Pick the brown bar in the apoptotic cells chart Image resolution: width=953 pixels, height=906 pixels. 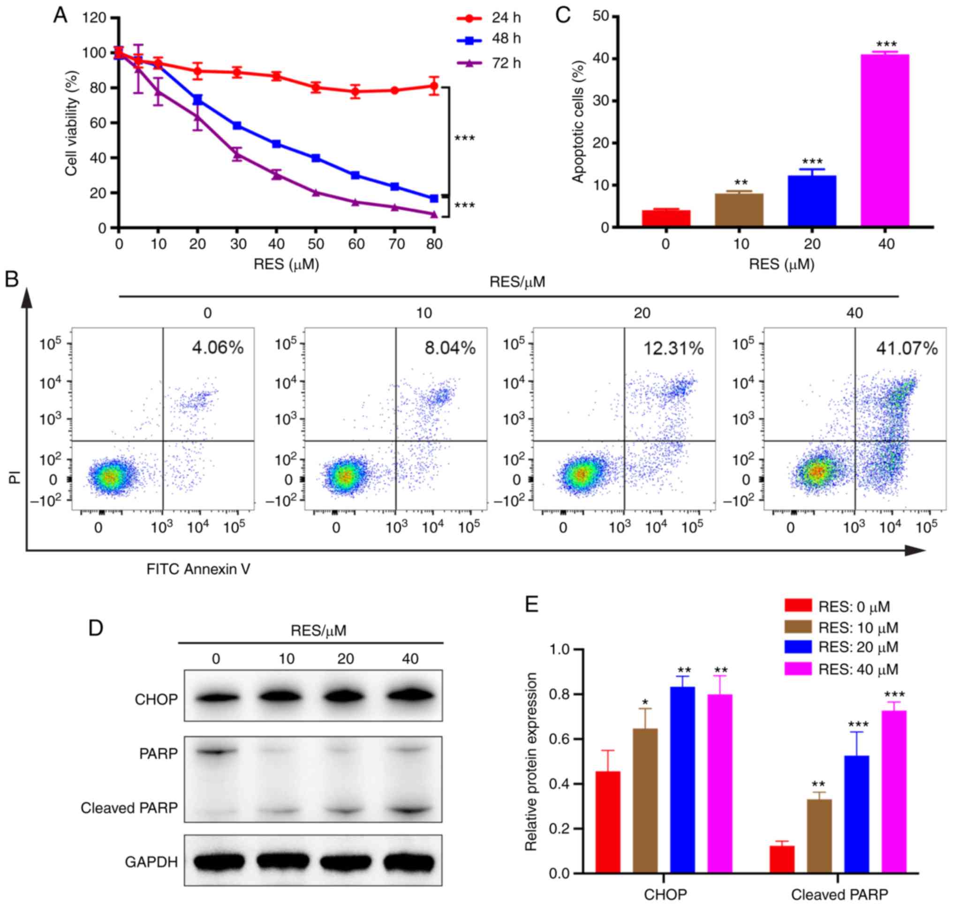click(739, 210)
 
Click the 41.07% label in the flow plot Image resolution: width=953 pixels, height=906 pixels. click(907, 348)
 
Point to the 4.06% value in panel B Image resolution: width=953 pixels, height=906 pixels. click(218, 348)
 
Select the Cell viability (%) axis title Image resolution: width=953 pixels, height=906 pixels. click(72, 123)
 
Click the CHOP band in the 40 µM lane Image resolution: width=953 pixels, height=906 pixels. click(410, 698)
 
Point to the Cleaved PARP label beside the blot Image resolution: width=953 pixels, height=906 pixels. click(129, 808)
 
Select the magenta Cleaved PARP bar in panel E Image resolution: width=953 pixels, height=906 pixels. click(893, 792)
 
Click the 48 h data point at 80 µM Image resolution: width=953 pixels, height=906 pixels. click(433, 198)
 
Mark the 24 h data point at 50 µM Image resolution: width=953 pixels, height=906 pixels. click(316, 87)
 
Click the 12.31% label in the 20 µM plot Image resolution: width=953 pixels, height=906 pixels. click(673, 348)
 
